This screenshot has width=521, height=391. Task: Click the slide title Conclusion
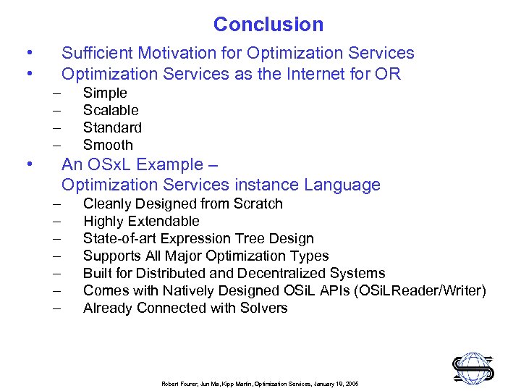[268, 25]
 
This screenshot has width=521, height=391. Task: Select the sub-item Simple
[105, 93]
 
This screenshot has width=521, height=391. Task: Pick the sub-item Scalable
[111, 110]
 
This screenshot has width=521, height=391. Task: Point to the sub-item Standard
[112, 127]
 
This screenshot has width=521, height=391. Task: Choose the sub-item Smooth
[108, 145]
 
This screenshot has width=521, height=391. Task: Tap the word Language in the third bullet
[344, 185]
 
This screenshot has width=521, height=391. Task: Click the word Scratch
[258, 203]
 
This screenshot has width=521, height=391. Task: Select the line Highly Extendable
[141, 221]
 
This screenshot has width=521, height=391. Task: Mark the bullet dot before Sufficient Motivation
[27, 53]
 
